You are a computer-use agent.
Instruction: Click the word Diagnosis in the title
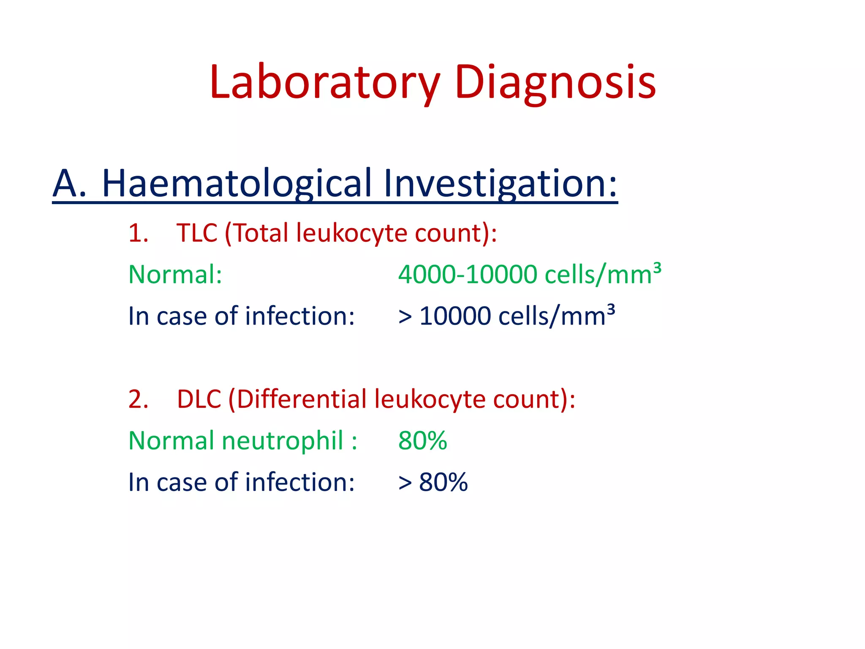[555, 82]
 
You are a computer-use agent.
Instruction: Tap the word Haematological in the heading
[237, 184]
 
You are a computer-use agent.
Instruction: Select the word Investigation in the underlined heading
[501, 184]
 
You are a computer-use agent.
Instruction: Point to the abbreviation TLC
[197, 233]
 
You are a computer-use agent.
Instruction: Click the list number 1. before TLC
[138, 233]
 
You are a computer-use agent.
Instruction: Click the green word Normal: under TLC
[175, 275]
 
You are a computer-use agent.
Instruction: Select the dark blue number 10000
[455, 316]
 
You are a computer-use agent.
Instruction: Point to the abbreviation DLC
[199, 399]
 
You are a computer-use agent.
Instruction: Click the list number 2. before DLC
[138, 399]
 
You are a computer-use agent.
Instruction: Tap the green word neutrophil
[282, 441]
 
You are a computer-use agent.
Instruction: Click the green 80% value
[422, 441]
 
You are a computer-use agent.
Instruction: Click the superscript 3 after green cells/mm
[657, 267]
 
